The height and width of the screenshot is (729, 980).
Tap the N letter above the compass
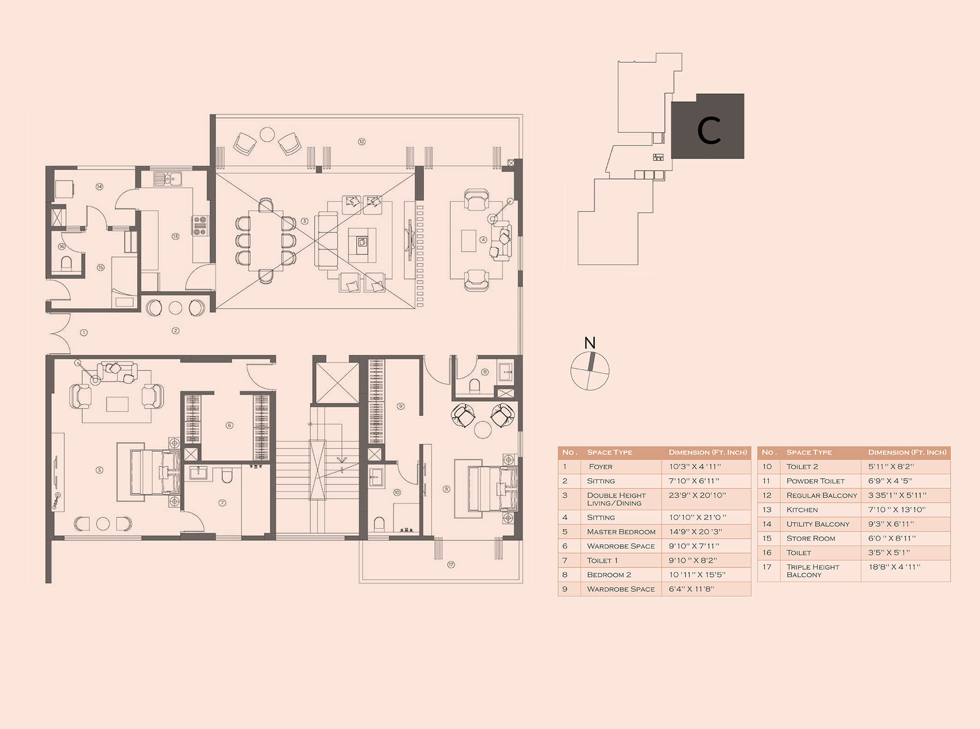[590, 343]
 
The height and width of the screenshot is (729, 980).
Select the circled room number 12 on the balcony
[362, 142]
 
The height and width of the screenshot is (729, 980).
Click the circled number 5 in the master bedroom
[99, 470]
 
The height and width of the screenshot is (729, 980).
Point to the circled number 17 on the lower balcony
[451, 565]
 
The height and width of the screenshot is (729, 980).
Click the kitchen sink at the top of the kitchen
[168, 179]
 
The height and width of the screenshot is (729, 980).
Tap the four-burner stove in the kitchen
[200, 225]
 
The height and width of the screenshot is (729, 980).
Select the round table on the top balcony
[267, 134]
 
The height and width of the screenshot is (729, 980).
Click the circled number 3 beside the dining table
[304, 221]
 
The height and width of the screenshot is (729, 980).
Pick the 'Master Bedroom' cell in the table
[621, 532]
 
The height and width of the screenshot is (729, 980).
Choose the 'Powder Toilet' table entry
[815, 481]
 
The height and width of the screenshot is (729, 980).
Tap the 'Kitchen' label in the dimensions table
[802, 510]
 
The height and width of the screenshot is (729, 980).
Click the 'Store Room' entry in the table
[811, 538]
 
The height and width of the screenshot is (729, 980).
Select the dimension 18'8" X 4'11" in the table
[894, 567]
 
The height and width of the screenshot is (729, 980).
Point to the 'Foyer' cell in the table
[601, 467]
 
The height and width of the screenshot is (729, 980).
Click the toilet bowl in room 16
[67, 263]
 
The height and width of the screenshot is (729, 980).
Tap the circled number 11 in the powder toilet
[485, 372]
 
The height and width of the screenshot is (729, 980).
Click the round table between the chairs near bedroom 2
[483, 430]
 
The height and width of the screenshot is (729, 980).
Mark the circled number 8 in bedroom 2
[446, 489]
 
